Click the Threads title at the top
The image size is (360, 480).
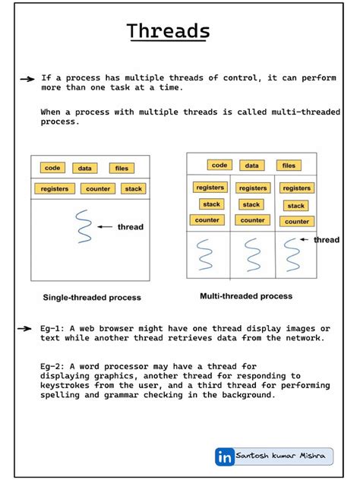click(169, 32)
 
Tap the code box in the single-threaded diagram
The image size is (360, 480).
click(52, 168)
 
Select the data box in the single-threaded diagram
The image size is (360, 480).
click(86, 169)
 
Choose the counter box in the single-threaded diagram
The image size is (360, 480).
click(98, 189)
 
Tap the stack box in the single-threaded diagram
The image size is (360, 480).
click(133, 189)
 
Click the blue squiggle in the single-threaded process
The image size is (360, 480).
click(84, 225)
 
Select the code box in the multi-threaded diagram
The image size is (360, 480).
click(219, 165)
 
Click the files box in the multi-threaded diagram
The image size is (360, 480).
click(289, 165)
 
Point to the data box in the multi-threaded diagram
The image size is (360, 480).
click(251, 165)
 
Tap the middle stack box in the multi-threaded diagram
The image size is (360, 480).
click(251, 204)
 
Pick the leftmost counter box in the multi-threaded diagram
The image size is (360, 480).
click(207, 220)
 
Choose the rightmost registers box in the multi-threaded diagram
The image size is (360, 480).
click(296, 188)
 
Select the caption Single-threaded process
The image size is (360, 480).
click(91, 298)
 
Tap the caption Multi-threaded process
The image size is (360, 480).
click(245, 296)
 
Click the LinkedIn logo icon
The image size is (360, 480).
click(225, 456)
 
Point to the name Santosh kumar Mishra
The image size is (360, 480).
click(280, 456)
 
